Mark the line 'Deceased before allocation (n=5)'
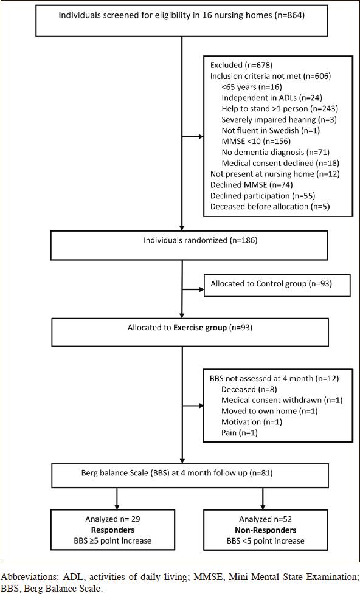coord(265,207)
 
